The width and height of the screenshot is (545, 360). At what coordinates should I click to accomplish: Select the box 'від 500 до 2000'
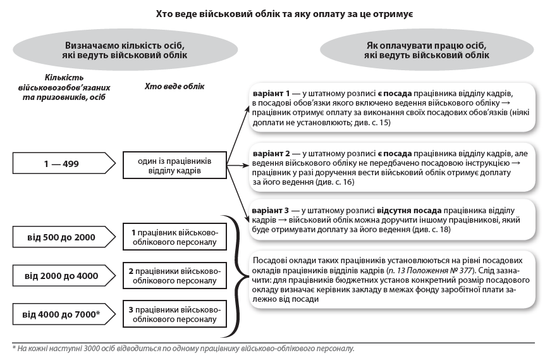pos(61,237)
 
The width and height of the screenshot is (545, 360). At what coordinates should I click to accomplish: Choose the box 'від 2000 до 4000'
pos(61,276)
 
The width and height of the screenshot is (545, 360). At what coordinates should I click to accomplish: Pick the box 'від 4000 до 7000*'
pos(61,313)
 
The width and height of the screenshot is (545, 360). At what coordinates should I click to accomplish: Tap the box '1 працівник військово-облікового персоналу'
pos(174,237)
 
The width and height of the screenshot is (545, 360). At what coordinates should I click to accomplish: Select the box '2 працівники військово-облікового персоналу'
pos(174,276)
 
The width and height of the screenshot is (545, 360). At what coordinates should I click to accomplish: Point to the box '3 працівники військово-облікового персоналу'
pos(174,314)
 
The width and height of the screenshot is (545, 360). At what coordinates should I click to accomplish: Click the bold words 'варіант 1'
pos(271,93)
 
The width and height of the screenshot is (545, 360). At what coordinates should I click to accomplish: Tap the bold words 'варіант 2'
pos(271,154)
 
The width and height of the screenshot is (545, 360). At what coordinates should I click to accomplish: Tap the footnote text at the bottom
pos(183,349)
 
